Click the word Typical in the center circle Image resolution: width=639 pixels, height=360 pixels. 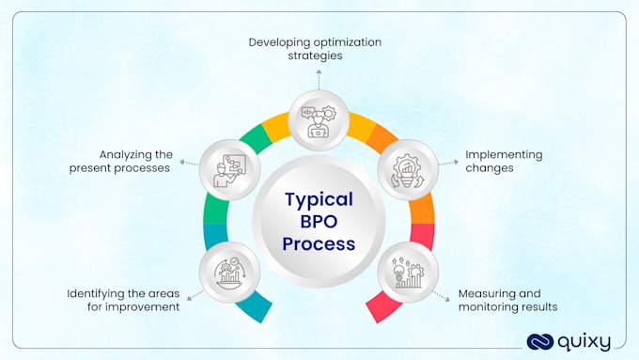[x=319, y=199]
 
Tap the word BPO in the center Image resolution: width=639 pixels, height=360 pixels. [x=319, y=222]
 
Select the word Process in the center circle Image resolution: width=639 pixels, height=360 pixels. [x=319, y=244]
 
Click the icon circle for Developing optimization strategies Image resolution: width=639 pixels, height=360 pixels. [x=319, y=119]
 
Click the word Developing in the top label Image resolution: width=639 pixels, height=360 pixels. [x=278, y=42]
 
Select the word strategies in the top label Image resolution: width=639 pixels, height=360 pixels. [x=315, y=55]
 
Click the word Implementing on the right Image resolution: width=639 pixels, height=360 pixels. [x=504, y=154]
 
